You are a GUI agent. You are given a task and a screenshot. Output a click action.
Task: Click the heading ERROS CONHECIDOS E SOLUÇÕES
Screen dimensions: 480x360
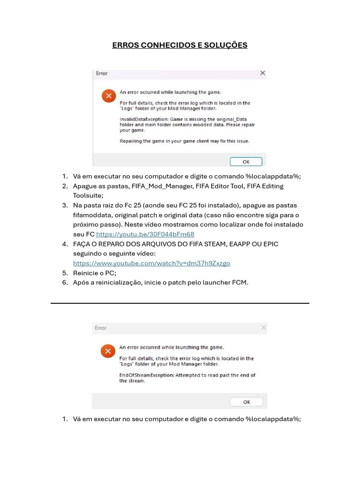180,45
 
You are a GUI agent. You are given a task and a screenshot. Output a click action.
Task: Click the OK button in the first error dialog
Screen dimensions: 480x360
246,162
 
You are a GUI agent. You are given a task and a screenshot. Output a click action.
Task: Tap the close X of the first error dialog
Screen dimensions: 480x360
262,73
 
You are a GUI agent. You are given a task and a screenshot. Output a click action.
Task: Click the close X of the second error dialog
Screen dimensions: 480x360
263,328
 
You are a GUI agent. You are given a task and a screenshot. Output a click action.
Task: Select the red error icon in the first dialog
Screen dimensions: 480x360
108,96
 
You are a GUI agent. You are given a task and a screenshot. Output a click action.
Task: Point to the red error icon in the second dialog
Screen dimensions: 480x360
108,351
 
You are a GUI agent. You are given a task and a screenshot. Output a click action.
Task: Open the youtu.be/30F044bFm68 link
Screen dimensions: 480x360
145,234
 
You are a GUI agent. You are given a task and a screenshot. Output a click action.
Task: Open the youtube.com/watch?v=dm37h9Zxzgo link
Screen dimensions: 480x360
151,263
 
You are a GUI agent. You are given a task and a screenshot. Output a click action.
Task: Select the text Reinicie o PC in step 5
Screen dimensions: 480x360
94,273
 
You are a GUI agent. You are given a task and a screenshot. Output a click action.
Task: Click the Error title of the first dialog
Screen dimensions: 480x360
102,73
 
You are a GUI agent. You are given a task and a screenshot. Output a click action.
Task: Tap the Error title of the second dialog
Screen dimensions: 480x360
101,328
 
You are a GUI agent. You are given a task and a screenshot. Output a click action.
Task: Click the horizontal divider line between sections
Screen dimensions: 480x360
180,303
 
